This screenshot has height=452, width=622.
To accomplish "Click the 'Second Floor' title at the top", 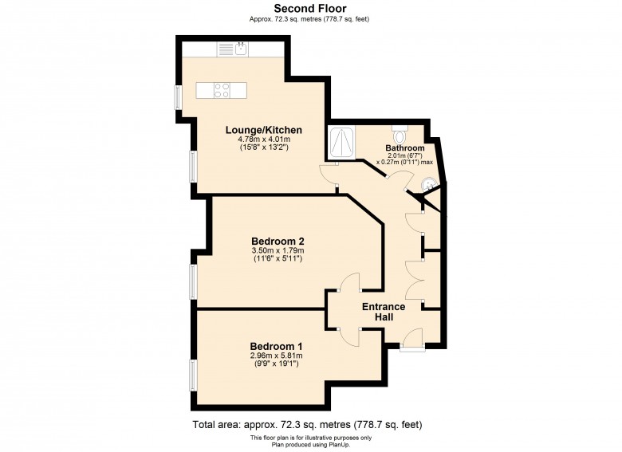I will (x=310, y=8).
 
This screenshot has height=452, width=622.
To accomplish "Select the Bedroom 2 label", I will (x=278, y=241).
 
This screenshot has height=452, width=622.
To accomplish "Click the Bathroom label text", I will (x=405, y=149).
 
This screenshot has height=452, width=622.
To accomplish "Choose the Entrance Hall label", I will (x=384, y=312).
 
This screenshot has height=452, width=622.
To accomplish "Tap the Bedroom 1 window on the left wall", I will (x=193, y=375).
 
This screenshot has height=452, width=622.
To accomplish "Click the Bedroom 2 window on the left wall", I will (x=193, y=281).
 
